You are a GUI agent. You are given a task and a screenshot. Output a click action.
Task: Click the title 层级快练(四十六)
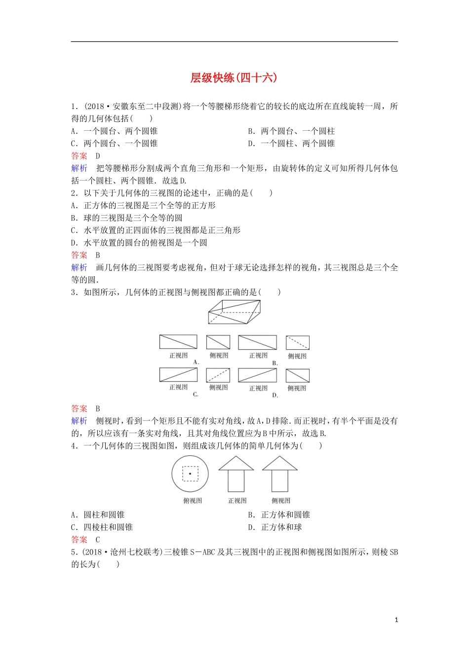[x=234, y=78]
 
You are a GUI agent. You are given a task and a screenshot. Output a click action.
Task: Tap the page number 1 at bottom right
[x=396, y=620]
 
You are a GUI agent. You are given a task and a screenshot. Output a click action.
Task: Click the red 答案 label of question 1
[x=79, y=156]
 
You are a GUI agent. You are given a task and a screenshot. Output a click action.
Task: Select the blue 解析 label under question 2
[x=79, y=267]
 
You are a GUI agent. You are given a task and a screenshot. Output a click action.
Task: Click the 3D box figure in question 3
[x=234, y=312]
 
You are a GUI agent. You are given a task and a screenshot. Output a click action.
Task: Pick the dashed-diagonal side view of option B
[x=297, y=342]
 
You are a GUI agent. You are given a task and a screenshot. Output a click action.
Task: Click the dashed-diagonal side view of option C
[x=218, y=375]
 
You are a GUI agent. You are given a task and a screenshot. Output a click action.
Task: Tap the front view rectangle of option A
[x=178, y=341]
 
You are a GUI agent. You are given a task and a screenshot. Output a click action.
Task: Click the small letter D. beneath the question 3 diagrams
[x=275, y=395]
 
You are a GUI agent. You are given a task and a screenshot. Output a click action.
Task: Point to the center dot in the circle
[x=190, y=474]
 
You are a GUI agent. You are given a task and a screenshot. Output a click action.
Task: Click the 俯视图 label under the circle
[x=193, y=501]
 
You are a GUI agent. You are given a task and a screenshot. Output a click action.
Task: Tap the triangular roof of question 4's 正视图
[x=236, y=463]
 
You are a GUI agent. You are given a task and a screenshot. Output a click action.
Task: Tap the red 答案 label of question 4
[x=79, y=540]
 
